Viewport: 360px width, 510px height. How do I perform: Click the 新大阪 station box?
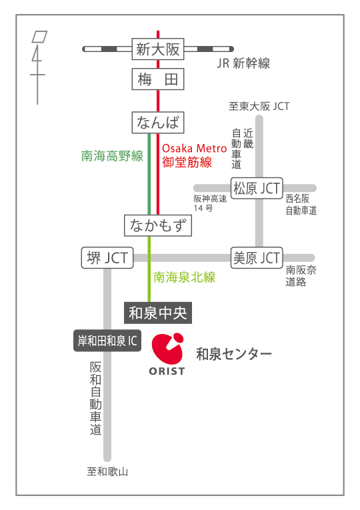158,49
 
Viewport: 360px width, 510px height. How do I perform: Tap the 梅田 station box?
158,79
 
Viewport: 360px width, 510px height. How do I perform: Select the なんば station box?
158,122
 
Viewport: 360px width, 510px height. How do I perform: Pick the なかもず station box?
158,225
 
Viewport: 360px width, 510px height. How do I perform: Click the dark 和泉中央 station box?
158,313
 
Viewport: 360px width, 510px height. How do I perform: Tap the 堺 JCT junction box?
107,258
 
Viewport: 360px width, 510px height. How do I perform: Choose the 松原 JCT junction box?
257,188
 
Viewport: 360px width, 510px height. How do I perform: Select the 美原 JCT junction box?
257,258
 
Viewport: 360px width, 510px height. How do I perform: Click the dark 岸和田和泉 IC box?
107,341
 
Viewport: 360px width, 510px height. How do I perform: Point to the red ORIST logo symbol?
168,349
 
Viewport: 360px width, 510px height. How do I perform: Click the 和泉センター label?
233,354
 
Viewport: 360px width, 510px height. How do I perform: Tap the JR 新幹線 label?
243,63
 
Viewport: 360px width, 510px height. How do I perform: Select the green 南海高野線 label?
112,156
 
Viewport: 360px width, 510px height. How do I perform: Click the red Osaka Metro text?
194,148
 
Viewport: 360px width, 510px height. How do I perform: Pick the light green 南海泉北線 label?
185,277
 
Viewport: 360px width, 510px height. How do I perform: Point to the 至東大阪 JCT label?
259,106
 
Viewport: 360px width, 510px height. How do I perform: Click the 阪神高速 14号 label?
210,203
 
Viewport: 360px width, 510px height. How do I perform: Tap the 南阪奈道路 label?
301,276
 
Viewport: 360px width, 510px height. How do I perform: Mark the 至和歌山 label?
107,471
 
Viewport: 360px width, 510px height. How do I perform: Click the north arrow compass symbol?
39,67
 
